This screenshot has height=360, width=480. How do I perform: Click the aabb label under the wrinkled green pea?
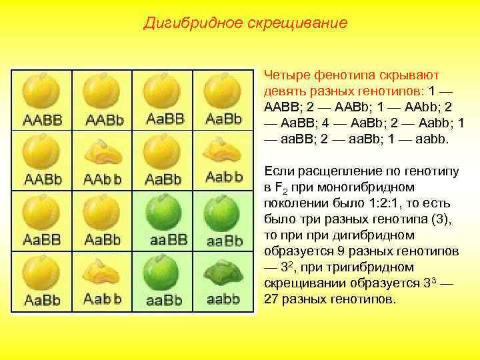click(x=223, y=299)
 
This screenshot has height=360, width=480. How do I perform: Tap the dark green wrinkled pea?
click(x=223, y=273)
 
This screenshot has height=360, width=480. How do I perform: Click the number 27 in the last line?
click(x=271, y=299)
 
